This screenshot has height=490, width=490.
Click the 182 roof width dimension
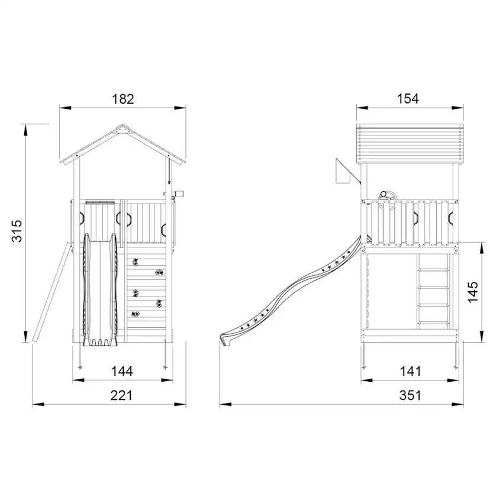123,99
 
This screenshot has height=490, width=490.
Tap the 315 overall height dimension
17,231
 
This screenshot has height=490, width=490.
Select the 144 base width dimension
122,371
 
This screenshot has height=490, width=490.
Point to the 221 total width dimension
121,396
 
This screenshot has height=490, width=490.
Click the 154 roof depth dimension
408,99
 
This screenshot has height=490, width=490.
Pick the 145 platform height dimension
473,292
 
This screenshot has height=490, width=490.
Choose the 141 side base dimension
411,371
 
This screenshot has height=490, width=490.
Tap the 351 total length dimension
410,396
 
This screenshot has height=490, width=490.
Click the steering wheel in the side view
387,199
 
